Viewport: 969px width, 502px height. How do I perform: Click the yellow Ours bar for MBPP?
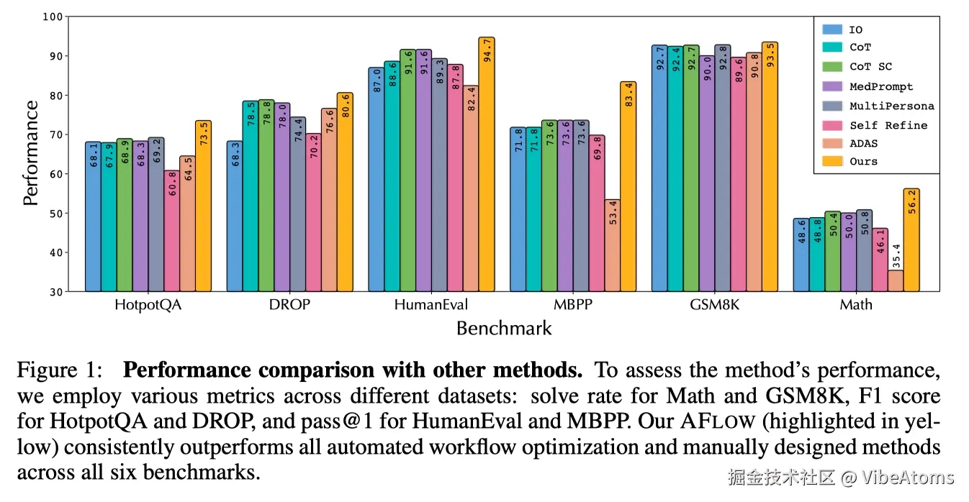click(628, 187)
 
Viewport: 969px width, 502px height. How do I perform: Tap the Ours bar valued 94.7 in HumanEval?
click(487, 165)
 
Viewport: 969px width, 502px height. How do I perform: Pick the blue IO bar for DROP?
click(235, 216)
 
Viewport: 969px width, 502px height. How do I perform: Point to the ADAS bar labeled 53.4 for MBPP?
click(612, 245)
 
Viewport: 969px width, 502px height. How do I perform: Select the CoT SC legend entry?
click(870, 67)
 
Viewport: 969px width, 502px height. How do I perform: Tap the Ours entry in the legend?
click(863, 161)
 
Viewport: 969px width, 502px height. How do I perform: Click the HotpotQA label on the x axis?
click(148, 304)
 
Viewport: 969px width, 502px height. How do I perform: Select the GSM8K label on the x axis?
click(715, 304)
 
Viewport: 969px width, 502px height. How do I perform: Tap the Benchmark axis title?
click(504, 329)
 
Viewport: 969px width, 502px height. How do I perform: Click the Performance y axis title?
click(31, 153)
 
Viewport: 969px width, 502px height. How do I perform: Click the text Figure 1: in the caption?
click(62, 371)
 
